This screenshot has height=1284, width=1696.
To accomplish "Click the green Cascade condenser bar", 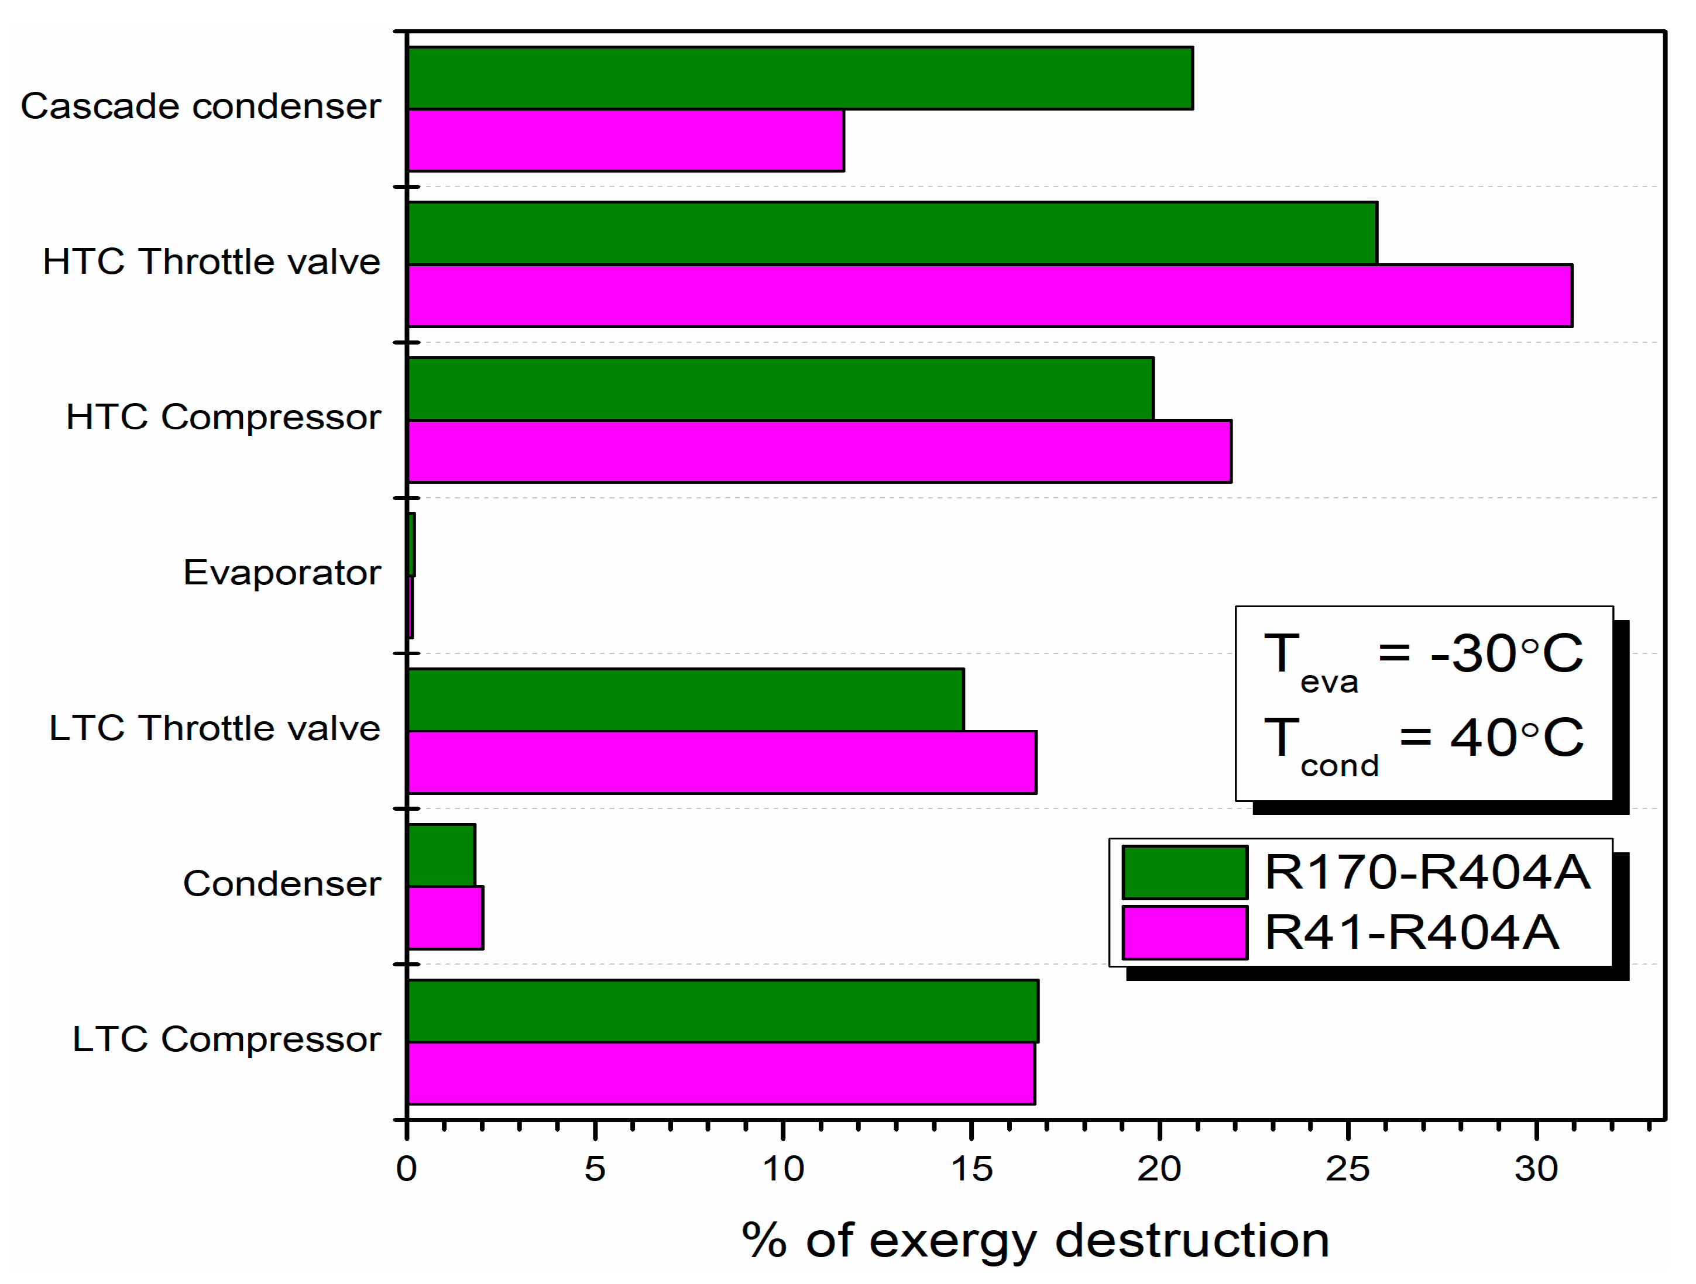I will (x=799, y=78).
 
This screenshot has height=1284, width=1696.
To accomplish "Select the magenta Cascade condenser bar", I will (x=625, y=140).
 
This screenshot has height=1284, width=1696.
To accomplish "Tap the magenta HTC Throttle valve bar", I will (x=989, y=296).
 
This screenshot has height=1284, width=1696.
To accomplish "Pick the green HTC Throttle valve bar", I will (x=892, y=233).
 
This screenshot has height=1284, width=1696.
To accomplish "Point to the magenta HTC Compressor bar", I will (x=819, y=452).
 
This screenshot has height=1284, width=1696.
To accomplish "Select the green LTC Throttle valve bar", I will (x=685, y=700).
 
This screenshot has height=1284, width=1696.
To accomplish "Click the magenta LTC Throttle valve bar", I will (x=722, y=762).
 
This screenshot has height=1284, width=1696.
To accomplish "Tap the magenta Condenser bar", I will (x=445, y=918).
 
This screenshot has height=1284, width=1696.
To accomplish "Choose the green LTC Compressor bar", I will (x=722, y=1010).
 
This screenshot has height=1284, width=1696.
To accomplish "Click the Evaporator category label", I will (x=281, y=573).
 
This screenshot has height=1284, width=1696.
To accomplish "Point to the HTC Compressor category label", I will (x=223, y=417).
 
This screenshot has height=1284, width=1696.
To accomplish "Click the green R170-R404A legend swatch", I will (x=1184, y=872).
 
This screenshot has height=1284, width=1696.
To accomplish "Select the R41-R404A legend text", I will (x=1411, y=933).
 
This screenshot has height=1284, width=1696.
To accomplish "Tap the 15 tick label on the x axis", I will (x=971, y=1169).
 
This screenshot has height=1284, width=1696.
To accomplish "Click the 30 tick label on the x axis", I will (x=1536, y=1169).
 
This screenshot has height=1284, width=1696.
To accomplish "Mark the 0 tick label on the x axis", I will (x=406, y=1169).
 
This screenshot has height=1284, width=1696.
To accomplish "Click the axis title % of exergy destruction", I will (x=1035, y=1240).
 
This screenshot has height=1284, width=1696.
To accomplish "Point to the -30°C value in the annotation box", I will (x=1505, y=654).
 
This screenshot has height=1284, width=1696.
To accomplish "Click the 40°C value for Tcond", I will (x=1516, y=738).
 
